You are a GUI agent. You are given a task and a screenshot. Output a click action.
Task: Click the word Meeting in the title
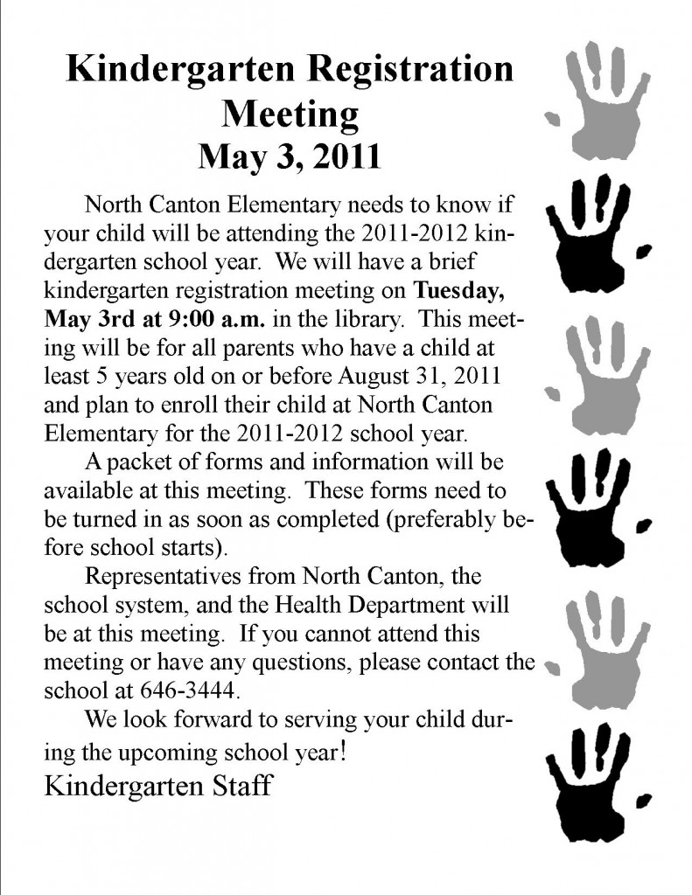coord(290,114)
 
